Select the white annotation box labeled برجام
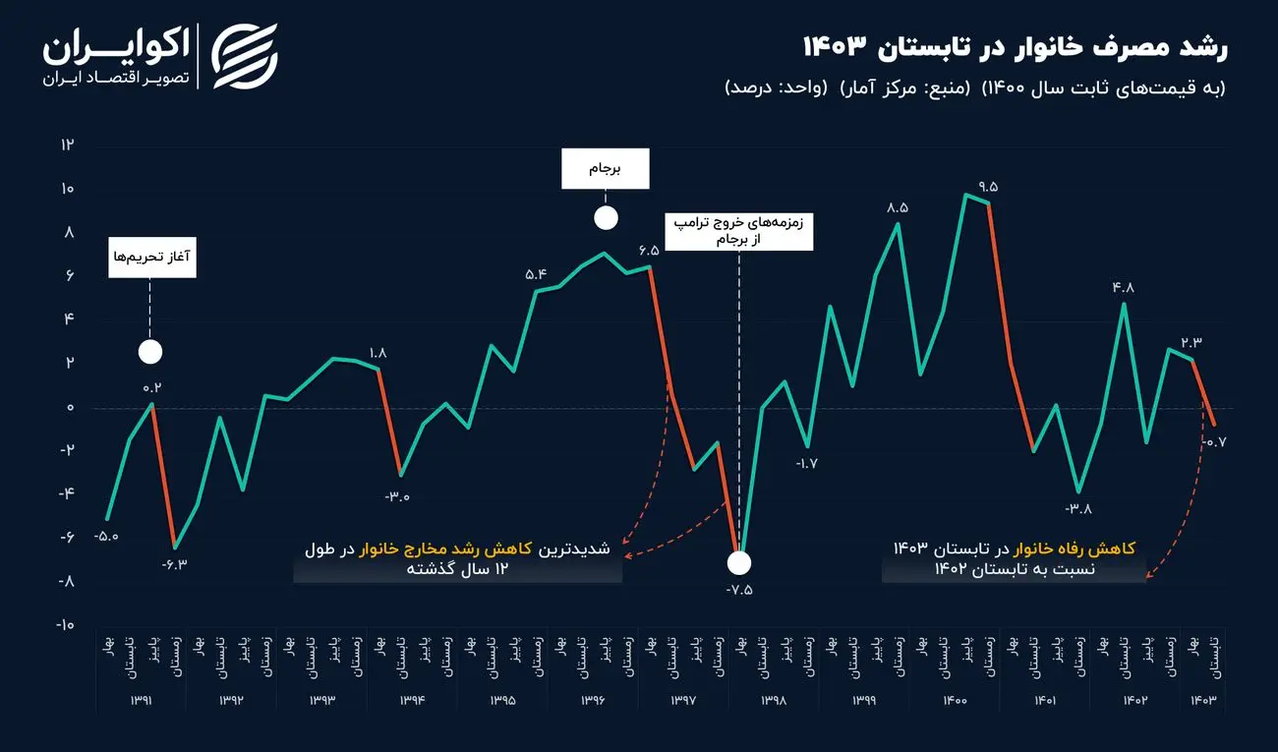tap(606, 169)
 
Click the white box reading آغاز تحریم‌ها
tap(151, 257)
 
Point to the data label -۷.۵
tap(738, 591)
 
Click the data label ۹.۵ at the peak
tap(987, 187)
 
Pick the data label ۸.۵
tap(897, 208)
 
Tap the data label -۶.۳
tap(175, 564)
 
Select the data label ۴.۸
tap(1124, 288)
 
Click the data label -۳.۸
tap(1078, 509)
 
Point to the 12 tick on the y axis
tap(68, 145)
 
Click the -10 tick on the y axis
tap(65, 625)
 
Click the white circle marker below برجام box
tap(607, 218)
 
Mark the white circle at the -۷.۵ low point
tap(738, 563)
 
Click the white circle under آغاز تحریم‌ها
tap(150, 352)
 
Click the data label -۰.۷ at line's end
tap(1216, 442)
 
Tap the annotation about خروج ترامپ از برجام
tap(737, 231)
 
